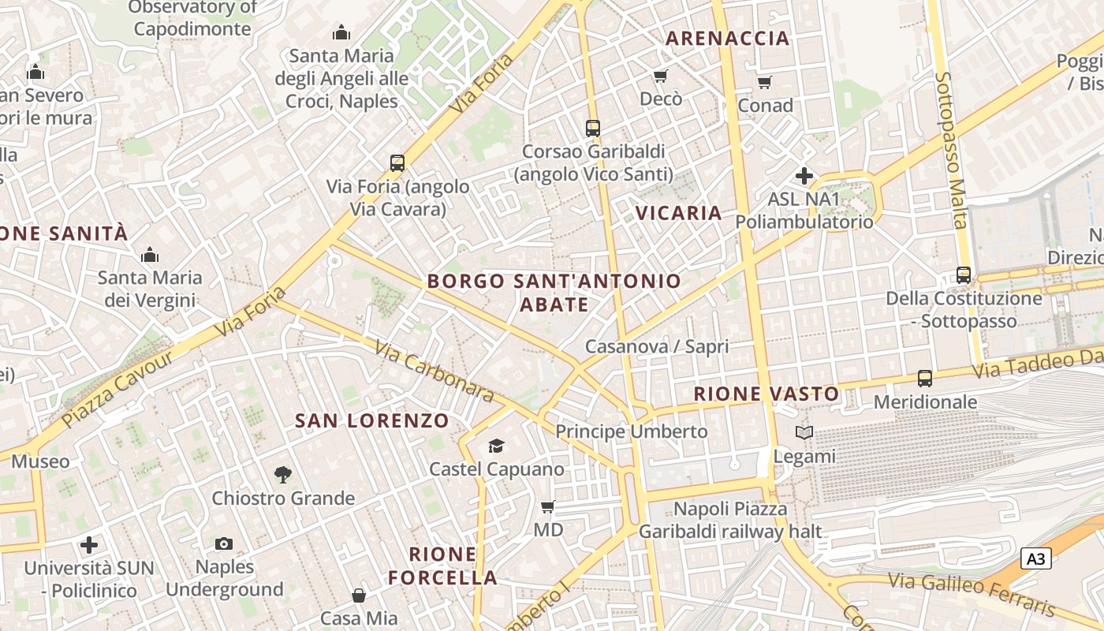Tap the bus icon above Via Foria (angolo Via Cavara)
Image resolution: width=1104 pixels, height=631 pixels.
coord(397,163)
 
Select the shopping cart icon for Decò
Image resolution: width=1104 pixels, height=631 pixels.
coord(661,76)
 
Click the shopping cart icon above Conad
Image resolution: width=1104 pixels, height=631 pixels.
coord(764,82)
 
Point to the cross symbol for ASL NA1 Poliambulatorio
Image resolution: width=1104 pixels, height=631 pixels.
coord(804,176)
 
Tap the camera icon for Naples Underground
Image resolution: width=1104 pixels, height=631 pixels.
coord(224,543)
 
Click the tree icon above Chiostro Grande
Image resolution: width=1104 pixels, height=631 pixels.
coord(282,475)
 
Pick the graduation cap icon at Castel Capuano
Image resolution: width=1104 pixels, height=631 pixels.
coord(496,446)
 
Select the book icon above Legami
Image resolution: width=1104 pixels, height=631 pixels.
coord(804,432)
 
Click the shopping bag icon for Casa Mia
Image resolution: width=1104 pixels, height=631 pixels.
coord(359,595)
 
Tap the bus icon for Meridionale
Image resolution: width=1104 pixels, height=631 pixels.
coord(925,379)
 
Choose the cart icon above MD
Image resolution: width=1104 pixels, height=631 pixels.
coord(548,506)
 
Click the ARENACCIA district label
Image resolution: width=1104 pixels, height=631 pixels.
coord(727,38)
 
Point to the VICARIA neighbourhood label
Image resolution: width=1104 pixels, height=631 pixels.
coord(678,213)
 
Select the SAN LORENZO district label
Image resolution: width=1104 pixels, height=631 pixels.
coord(372,421)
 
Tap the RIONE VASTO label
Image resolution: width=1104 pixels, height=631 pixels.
coord(766,394)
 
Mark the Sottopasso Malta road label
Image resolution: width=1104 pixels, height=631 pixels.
coord(951,150)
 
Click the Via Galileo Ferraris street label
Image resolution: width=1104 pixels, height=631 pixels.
coord(972,594)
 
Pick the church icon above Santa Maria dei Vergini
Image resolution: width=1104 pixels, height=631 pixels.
coord(149,255)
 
